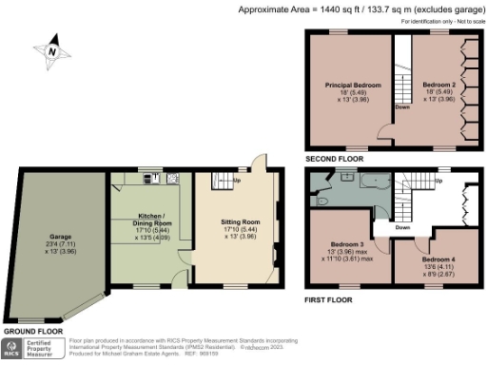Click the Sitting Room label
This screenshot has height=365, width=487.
235,221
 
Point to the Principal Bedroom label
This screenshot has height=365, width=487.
354,86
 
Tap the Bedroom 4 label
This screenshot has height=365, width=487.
438,259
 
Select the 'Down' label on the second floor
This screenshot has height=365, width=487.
402,106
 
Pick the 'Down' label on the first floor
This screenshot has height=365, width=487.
402,228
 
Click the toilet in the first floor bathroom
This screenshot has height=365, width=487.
321,202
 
